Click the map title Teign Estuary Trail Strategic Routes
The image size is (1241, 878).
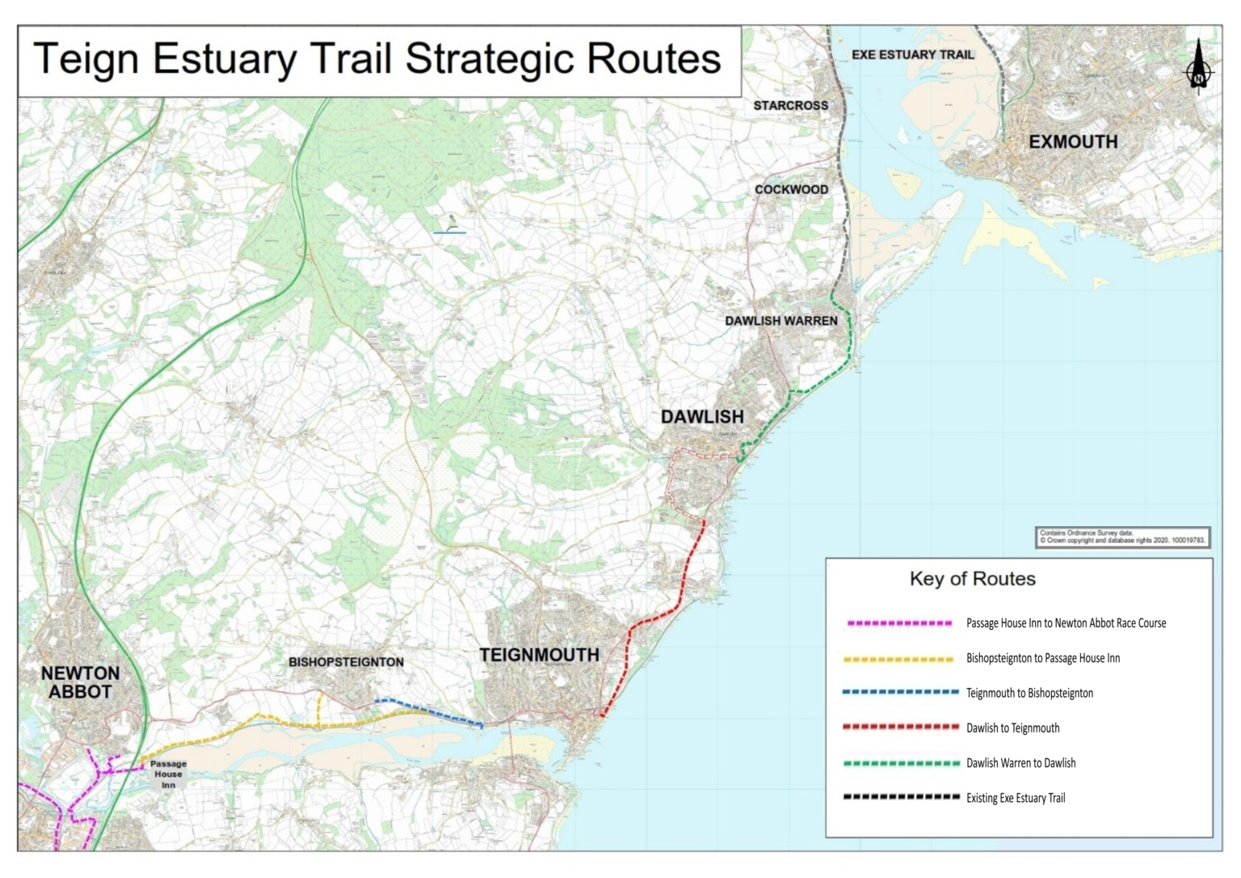point(377,59)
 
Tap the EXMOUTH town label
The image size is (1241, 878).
point(1073,142)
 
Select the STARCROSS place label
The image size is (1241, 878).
point(790,106)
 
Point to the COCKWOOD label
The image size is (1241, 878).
point(791,190)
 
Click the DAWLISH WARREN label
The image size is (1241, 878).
point(780,321)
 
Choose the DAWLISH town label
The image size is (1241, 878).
point(702,417)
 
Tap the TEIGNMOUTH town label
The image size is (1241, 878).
point(539,655)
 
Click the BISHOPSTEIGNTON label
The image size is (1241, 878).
point(346,662)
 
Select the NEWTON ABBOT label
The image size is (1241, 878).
point(80,682)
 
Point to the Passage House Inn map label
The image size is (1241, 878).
point(168,774)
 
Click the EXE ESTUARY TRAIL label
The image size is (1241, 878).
point(913,55)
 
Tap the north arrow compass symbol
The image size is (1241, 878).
point(1198,68)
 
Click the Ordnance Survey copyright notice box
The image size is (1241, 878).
point(1122,538)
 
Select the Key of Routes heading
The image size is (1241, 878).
point(972,579)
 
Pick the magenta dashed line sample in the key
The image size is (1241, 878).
point(899,623)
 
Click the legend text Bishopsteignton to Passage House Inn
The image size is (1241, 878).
point(1042,658)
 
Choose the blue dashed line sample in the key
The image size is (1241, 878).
point(899,693)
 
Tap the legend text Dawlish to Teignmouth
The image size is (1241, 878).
point(1012,728)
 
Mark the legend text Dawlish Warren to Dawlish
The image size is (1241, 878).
point(1020,763)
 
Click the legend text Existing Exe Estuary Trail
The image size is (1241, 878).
point(1015,798)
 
